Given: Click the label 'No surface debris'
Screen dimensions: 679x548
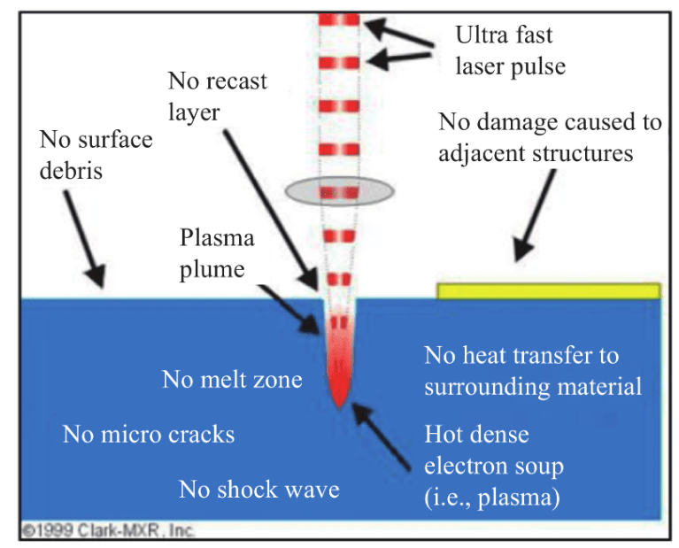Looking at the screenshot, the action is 96,155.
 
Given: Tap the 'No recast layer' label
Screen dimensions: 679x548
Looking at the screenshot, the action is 218,96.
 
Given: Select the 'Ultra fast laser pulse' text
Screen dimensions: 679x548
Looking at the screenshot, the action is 510,50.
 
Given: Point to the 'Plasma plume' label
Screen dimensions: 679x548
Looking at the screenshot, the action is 217,253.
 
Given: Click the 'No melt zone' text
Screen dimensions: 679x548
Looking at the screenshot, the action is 232,380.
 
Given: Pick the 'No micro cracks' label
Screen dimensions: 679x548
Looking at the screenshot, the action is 149,434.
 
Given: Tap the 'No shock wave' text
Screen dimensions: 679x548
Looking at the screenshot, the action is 259,490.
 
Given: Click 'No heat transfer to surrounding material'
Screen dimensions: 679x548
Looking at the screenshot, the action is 533,371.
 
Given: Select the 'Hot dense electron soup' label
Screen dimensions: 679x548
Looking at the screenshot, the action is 494,466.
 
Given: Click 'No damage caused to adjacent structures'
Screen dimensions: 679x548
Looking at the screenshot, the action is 550,137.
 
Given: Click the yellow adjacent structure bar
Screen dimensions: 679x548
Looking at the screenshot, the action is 548,291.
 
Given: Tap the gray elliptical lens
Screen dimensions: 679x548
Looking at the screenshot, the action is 340,191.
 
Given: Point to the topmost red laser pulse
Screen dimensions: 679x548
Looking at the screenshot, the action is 339,20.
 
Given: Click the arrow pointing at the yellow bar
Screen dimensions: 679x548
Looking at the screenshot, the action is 535,215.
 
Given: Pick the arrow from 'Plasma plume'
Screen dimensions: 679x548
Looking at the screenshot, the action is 289,308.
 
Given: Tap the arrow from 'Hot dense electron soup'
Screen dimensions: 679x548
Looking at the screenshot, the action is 381,436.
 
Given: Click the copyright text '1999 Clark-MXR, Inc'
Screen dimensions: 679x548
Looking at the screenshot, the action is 108,530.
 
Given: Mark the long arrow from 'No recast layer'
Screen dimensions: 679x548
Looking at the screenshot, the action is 271,210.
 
